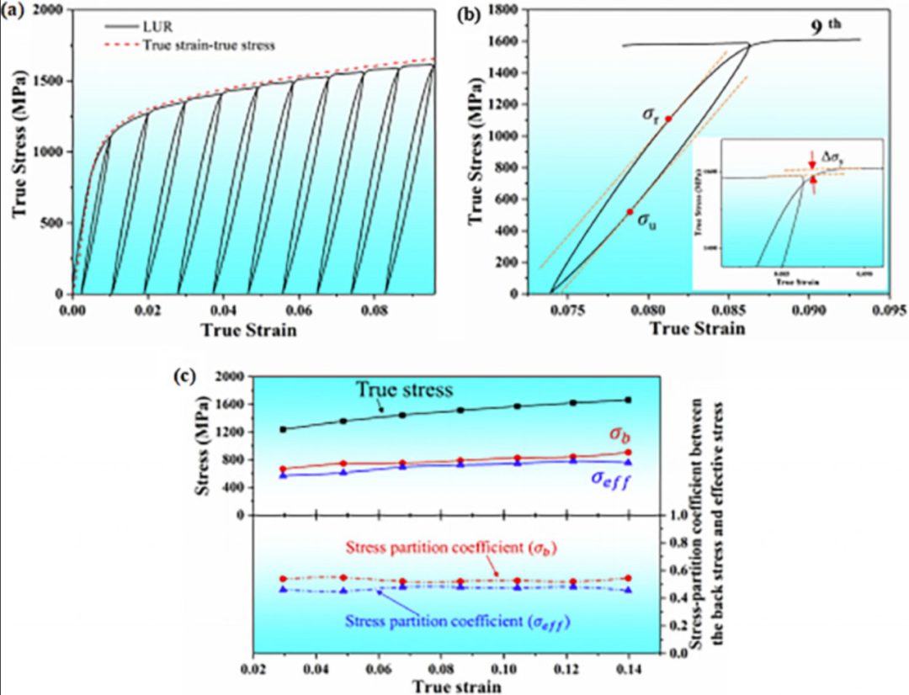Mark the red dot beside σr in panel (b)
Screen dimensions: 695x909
point(668,119)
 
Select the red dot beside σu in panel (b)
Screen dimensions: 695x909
point(630,212)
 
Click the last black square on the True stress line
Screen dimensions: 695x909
point(627,401)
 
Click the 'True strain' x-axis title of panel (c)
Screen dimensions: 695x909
point(459,685)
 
